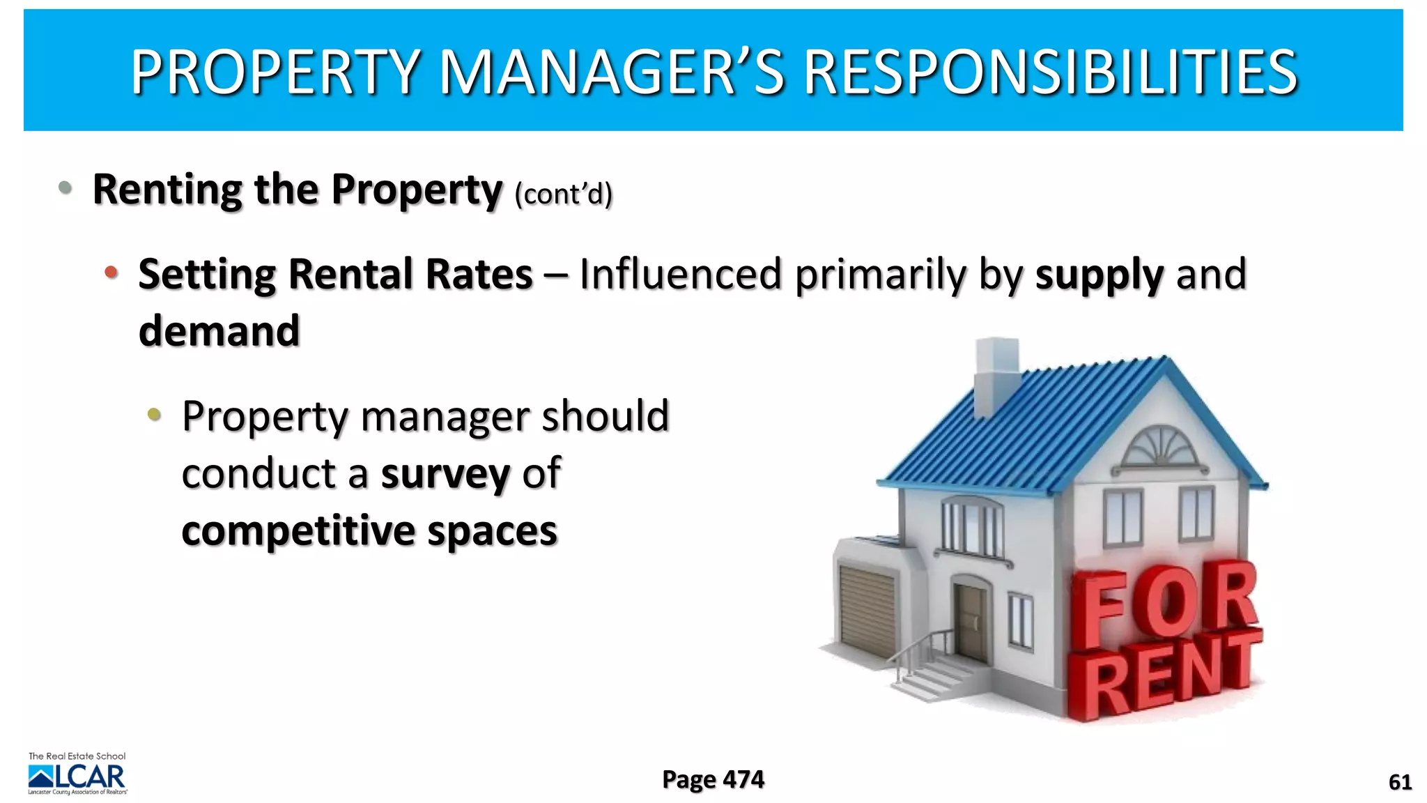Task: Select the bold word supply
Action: [x=1099, y=274]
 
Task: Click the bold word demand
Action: [x=219, y=330]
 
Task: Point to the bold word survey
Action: [x=445, y=474]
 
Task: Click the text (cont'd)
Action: [x=563, y=194]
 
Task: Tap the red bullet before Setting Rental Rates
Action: [x=111, y=273]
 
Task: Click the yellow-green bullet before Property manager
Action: [x=154, y=415]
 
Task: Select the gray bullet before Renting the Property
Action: [x=65, y=187]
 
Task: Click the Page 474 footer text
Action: [x=713, y=779]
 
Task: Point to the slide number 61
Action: [x=1400, y=782]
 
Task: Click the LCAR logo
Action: [x=77, y=775]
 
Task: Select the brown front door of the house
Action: [x=971, y=622]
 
